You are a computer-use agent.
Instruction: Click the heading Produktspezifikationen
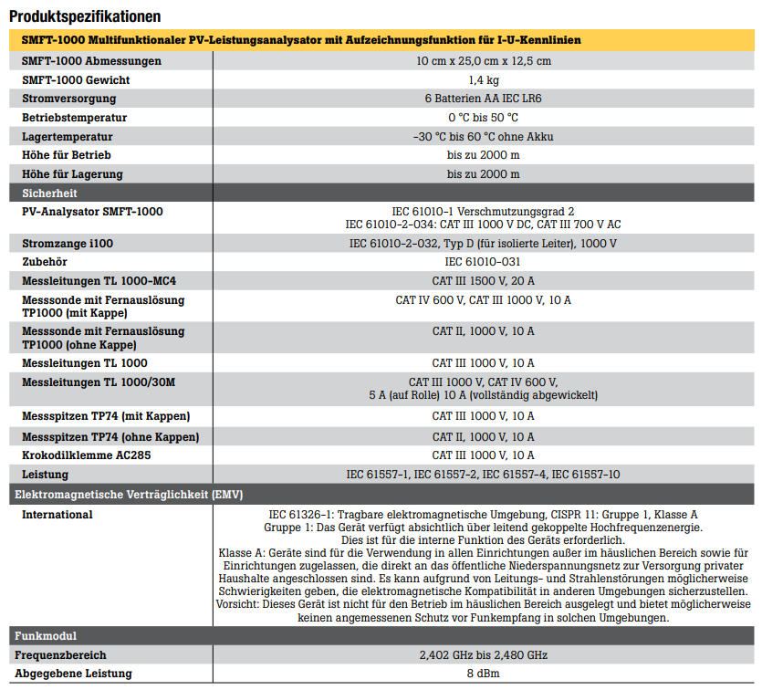point(85,16)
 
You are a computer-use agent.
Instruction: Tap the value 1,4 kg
point(483,80)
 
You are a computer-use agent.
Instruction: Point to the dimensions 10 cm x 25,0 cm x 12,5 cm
point(483,61)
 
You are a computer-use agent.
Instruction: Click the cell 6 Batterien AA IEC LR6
point(483,99)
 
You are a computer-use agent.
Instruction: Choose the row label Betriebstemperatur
point(74,118)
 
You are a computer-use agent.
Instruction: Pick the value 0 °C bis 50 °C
point(483,118)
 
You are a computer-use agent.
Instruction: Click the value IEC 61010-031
point(483,262)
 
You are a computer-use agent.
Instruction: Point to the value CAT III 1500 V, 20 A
point(483,280)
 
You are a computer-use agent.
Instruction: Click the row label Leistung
point(45,474)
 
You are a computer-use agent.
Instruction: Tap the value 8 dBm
point(483,674)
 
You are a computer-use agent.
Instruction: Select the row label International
point(57,515)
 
